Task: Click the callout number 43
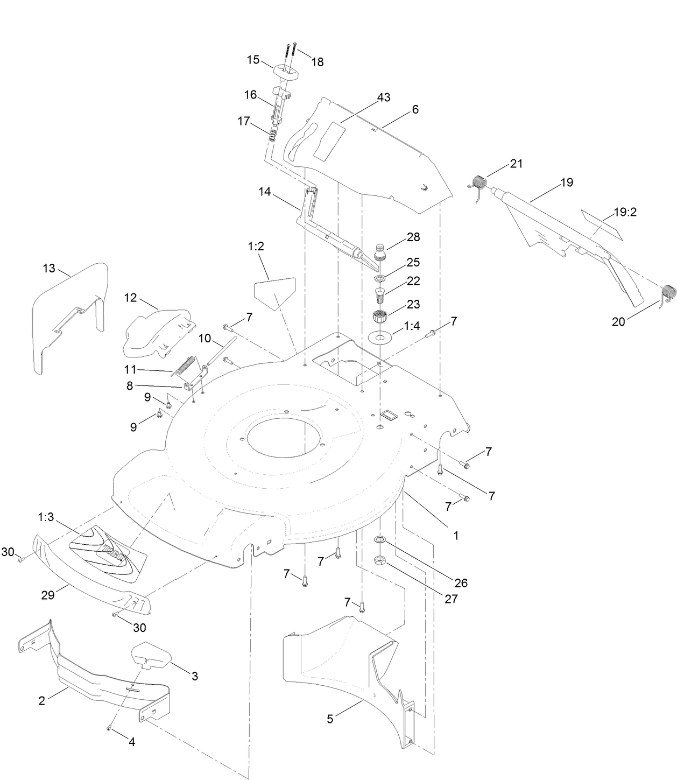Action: point(383,97)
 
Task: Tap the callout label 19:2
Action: point(625,212)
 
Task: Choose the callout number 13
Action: point(49,269)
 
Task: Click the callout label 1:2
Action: point(256,247)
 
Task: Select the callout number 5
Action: point(330,719)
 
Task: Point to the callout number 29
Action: point(48,595)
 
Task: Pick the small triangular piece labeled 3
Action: point(151,654)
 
